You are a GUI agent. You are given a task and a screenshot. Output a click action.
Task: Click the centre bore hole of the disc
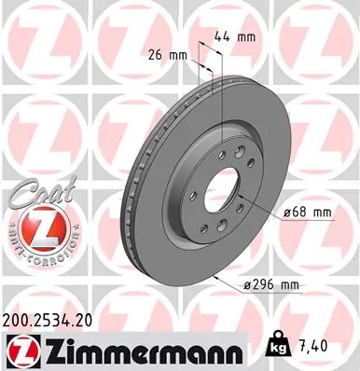[220, 195]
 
